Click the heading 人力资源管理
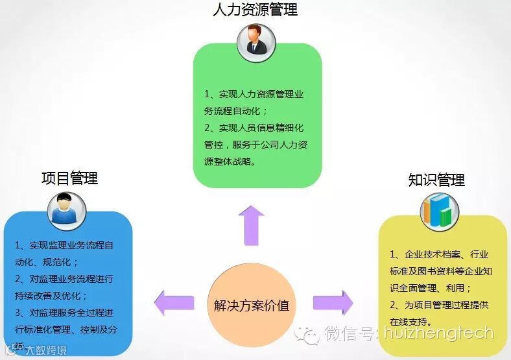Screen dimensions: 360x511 [x=255, y=10]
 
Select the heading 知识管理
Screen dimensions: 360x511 [x=436, y=180]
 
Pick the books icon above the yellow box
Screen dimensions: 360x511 [x=439, y=212]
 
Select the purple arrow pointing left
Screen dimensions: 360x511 [x=174, y=303]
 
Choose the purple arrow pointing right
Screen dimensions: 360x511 [x=333, y=303]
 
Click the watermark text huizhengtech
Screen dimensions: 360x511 [x=447, y=334]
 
